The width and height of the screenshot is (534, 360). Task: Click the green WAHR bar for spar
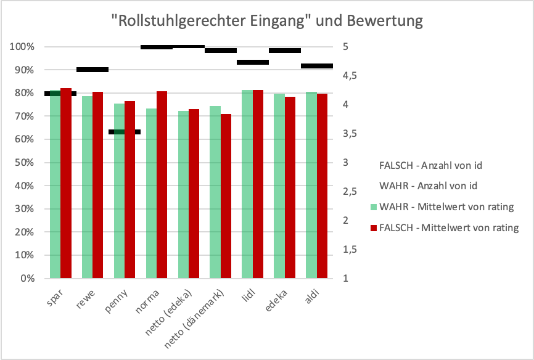[55, 185]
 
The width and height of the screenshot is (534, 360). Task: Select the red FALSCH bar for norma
[162, 185]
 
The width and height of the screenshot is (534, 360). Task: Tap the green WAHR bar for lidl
[247, 185]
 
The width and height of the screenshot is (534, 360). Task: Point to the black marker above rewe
[92, 70]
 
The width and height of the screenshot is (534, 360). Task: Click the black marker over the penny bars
[125, 132]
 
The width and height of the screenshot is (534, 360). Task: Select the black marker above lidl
[253, 62]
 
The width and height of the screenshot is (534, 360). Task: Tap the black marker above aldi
[317, 66]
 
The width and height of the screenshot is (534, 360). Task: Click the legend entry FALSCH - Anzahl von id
[430, 165]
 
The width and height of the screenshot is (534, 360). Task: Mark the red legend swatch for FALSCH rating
[374, 228]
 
